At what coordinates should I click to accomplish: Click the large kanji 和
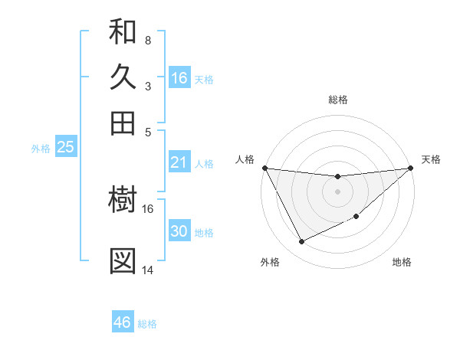coord(123,32)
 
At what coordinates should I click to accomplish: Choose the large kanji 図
coord(123,261)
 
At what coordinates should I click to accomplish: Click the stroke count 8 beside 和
coord(147,41)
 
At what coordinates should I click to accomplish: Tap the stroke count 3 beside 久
coord(147,86)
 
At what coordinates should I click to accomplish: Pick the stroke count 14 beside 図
coord(147,270)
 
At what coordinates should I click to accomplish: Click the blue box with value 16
coord(179,77)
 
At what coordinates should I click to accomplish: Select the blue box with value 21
coord(179,162)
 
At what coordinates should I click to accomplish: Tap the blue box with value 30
coord(179,231)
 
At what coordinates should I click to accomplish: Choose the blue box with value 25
coord(65,148)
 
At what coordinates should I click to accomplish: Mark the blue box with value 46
coord(123,322)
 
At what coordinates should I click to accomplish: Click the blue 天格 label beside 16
coord(204,79)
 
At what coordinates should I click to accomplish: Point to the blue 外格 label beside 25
coord(41,149)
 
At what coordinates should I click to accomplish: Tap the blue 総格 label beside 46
coord(147,324)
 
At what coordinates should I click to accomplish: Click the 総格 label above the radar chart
coord(338,100)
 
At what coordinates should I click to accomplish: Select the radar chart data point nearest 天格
coord(411,168)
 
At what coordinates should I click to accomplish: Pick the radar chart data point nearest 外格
coord(301,242)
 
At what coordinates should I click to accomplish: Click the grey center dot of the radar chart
coord(338,191)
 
